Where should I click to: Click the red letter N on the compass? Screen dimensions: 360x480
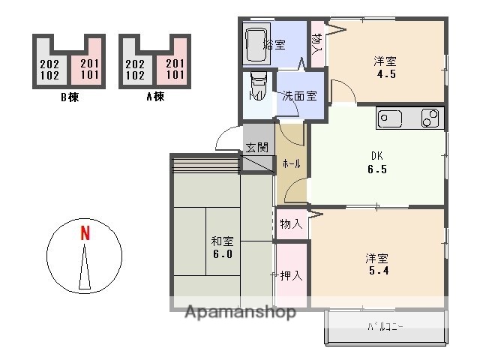[x=85, y=233]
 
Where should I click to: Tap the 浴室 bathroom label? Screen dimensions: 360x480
[x=274, y=44]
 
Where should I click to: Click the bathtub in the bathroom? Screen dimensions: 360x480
[x=256, y=45]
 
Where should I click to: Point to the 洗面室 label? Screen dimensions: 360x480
[x=298, y=96]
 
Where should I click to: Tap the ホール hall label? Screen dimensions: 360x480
[x=292, y=163]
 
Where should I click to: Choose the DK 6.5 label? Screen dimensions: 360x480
[x=377, y=163]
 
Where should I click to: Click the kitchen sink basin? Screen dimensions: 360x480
[x=390, y=118]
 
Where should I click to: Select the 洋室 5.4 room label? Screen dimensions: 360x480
[x=377, y=264]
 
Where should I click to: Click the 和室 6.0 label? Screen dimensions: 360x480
[x=222, y=247]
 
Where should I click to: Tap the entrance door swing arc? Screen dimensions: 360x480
[x=226, y=139]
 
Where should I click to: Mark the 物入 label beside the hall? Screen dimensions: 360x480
[x=292, y=223]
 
